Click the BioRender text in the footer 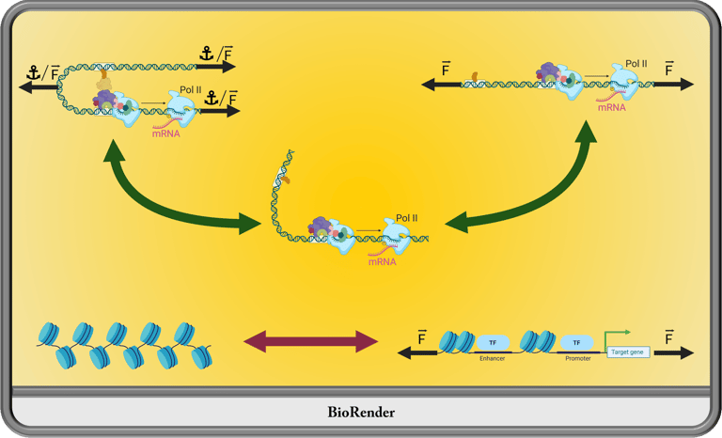[361, 412]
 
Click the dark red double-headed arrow [311, 341]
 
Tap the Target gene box [628, 352]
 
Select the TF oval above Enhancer [493, 343]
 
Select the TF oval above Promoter [576, 343]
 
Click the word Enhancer [493, 358]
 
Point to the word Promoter [578, 358]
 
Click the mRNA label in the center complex [383, 261]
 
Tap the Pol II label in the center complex [406, 218]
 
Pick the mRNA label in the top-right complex [612, 107]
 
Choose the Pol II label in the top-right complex [636, 64]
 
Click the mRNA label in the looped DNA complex [165, 133]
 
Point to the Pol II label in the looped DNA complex [191, 89]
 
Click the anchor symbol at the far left [33, 72]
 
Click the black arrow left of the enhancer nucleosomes [417, 353]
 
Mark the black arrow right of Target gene [674, 352]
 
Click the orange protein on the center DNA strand [286, 180]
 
